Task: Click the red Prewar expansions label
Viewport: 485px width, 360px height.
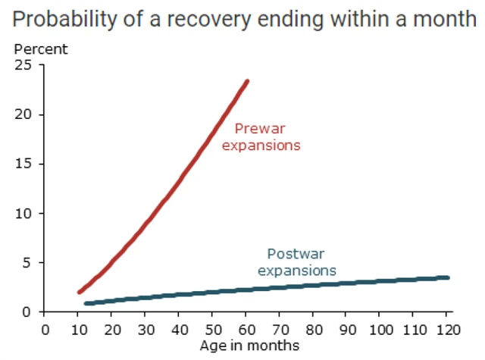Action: pyautogui.click(x=261, y=136)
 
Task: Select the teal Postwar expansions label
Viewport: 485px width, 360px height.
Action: pyautogui.click(x=297, y=262)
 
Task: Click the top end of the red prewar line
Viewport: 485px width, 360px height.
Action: pyautogui.click(x=246, y=81)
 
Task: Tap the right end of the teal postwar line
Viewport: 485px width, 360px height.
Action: pyautogui.click(x=448, y=277)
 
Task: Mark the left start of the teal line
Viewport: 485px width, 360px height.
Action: pyautogui.click(x=86, y=303)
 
